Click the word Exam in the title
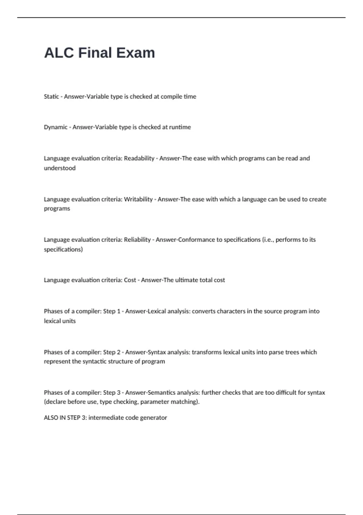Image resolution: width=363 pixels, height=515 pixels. pyautogui.click(x=136, y=53)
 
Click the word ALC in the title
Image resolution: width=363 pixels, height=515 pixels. pyautogui.click(x=59, y=53)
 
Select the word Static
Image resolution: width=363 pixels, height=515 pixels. pyautogui.click(x=51, y=96)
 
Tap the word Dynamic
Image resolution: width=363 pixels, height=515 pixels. pyautogui.click(x=56, y=127)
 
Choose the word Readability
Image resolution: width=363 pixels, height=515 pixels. pyautogui.click(x=139, y=158)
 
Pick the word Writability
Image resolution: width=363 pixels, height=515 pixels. pyautogui.click(x=138, y=199)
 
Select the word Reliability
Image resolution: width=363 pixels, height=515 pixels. pyautogui.click(x=137, y=240)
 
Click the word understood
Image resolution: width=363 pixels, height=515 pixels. pyautogui.click(x=60, y=168)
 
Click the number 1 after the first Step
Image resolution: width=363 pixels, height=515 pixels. pyautogui.click(x=119, y=311)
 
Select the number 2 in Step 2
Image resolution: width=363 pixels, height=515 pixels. pyautogui.click(x=119, y=352)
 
